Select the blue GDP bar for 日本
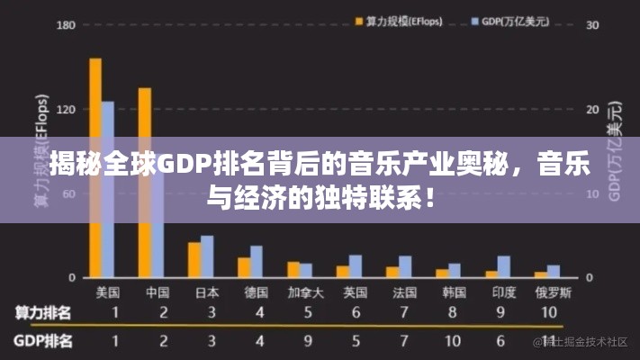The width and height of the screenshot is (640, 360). click(207, 256)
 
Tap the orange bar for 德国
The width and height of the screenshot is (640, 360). click(243, 267)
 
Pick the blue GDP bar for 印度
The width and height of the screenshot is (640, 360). click(504, 266)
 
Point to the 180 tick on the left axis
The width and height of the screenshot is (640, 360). click(41, 25)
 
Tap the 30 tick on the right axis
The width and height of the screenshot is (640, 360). click(592, 25)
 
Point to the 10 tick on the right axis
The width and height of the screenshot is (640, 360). click(592, 193)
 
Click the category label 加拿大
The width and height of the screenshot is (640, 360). click(305, 292)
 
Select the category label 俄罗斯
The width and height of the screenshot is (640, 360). click(552, 292)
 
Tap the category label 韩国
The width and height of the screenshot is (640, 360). click(454, 292)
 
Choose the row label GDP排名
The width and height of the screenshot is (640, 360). click(43, 342)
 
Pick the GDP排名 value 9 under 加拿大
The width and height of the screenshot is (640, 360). click(308, 342)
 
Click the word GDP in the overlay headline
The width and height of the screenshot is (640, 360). click(184, 166)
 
